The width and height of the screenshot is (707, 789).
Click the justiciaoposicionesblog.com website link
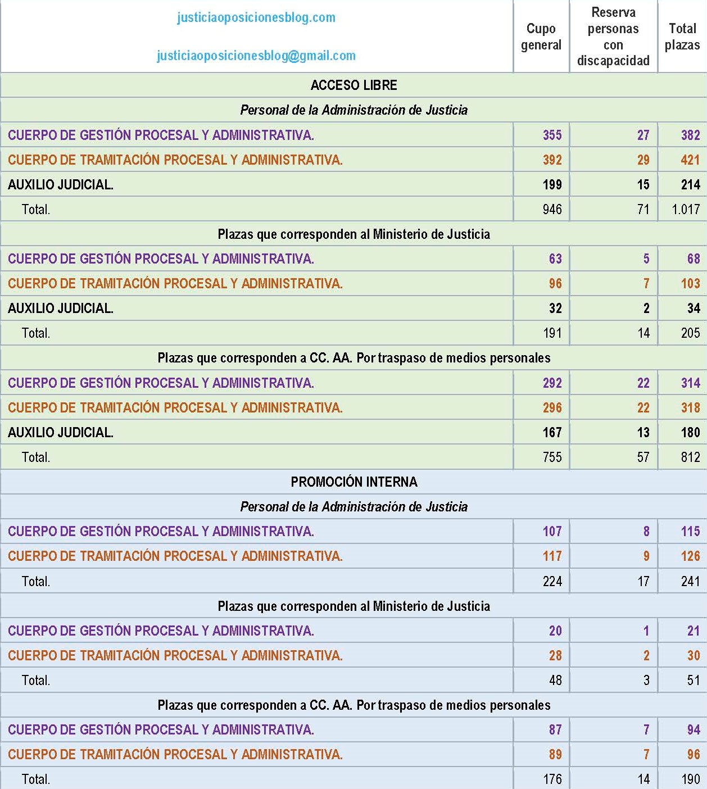pos(256,17)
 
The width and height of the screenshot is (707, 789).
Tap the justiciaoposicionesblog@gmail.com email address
pos(256,56)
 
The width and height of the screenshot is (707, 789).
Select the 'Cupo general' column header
pos(541,37)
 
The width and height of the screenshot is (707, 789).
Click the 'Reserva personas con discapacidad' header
pos(613,37)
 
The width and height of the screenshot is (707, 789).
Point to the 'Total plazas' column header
pos(682,37)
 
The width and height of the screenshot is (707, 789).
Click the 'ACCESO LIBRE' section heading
pos(353,85)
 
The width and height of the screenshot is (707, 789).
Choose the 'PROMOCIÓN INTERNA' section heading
pos(353,482)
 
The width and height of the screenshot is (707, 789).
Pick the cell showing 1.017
pos(686,210)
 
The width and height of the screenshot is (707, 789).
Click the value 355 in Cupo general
pos(552,135)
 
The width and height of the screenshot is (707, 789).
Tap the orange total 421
pos(690,160)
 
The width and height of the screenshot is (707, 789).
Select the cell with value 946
pos(552,210)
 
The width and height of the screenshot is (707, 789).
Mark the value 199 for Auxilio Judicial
pos(552,185)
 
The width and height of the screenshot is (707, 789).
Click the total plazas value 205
pos(690,333)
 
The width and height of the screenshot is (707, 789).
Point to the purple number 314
pos(690,383)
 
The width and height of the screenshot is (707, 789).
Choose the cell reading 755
pos(552,457)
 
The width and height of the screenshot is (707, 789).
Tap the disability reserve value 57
pos(643,457)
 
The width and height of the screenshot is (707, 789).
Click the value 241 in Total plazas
pos(690,582)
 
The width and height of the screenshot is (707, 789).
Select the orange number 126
pos(690,556)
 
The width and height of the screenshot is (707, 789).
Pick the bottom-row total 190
pos(690,779)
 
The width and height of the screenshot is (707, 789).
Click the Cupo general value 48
pos(555,681)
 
